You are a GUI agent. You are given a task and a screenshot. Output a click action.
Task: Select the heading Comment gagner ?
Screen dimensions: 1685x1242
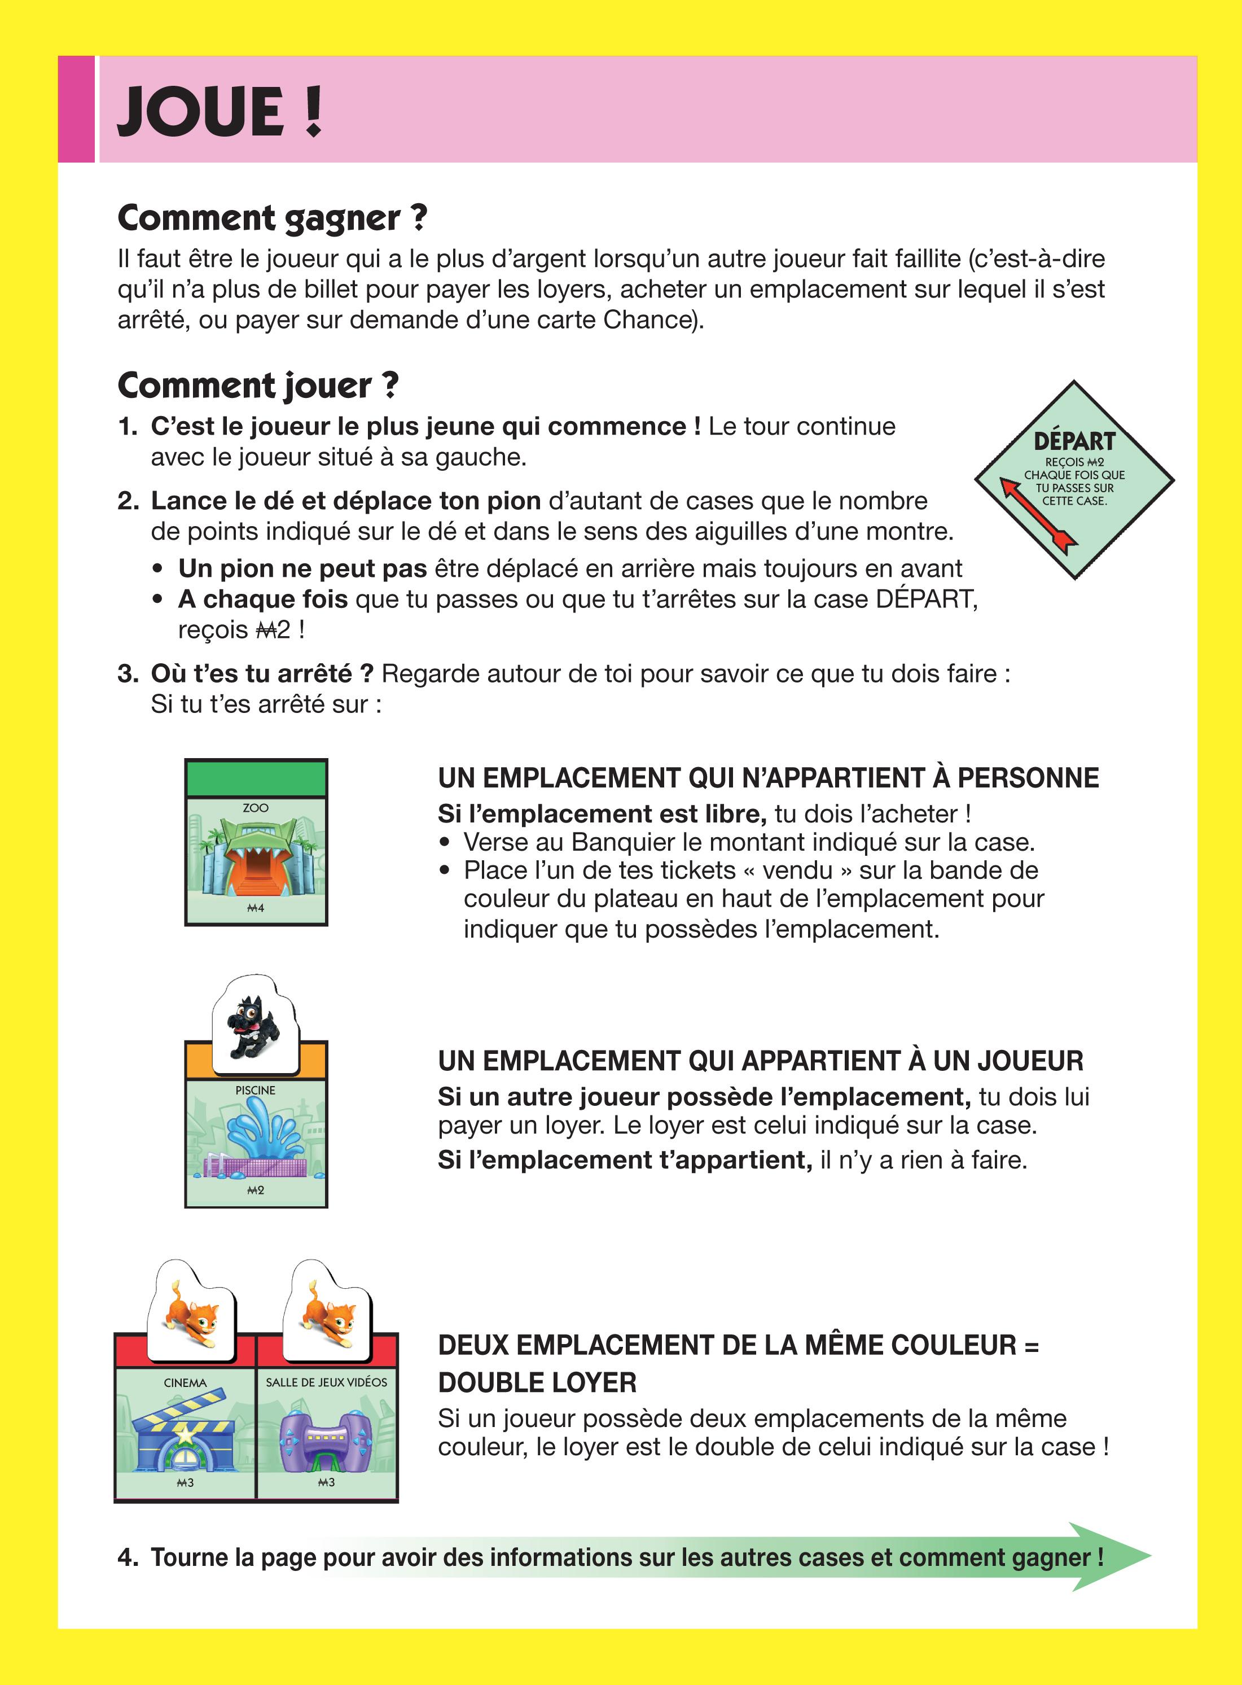272,218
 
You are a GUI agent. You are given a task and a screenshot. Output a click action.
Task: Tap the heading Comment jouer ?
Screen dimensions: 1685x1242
258,386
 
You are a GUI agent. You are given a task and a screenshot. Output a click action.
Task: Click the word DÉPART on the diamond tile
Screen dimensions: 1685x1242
1074,441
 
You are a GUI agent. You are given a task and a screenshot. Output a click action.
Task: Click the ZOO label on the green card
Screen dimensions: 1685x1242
256,808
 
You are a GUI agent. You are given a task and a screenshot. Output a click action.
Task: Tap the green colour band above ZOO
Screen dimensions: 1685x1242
256,778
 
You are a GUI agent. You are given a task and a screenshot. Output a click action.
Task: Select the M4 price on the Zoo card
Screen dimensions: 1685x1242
256,908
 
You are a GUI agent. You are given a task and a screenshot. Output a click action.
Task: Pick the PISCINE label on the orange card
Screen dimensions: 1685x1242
256,1090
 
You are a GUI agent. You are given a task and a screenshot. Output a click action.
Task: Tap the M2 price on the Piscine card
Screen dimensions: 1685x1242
256,1191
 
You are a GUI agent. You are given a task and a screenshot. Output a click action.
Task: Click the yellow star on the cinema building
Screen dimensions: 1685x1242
184,1434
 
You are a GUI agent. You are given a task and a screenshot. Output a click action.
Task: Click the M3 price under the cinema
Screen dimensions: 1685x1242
185,1483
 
